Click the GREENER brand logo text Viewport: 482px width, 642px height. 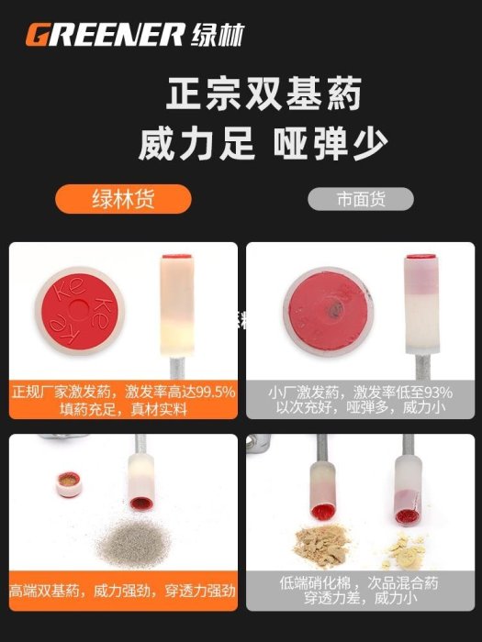[x=105, y=35]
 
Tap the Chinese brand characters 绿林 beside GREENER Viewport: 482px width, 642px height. [x=218, y=35]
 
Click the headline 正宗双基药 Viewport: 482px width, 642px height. [x=263, y=94]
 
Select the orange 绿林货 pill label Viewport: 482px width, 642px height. [x=123, y=199]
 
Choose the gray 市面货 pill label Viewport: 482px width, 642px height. [x=361, y=199]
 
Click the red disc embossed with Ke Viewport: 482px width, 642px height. [x=80, y=311]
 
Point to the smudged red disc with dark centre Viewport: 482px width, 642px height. [x=329, y=311]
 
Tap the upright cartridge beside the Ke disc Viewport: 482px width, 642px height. [x=176, y=305]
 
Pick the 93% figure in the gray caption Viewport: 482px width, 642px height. [x=438, y=393]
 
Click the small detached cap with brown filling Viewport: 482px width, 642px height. [x=69, y=483]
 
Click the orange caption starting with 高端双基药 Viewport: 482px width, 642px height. [x=122, y=591]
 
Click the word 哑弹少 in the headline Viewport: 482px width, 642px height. [x=331, y=144]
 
